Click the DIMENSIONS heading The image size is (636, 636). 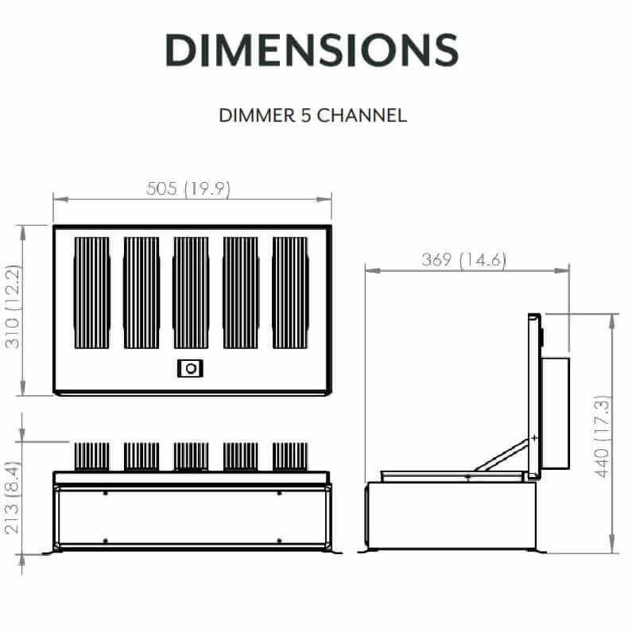[312, 49]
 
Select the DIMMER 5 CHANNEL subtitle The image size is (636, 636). [312, 115]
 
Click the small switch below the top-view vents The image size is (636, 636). [190, 368]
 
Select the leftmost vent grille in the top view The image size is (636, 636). [92, 293]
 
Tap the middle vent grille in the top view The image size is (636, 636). [191, 293]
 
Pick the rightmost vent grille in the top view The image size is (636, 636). [289, 293]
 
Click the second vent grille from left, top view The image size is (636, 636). [142, 293]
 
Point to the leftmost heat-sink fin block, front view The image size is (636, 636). [92, 456]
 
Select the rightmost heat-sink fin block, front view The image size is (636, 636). [289, 456]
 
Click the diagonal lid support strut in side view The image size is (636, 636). [501, 456]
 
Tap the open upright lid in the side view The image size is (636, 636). [533, 394]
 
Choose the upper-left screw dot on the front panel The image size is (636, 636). [105, 493]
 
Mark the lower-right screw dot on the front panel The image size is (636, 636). [279, 541]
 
